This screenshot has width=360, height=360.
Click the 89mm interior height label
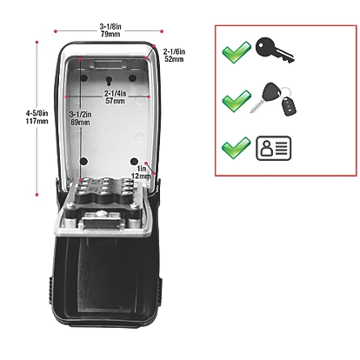(81, 123)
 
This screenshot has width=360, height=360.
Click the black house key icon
(277, 51)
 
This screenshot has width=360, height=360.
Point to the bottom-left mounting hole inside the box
(82, 161)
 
